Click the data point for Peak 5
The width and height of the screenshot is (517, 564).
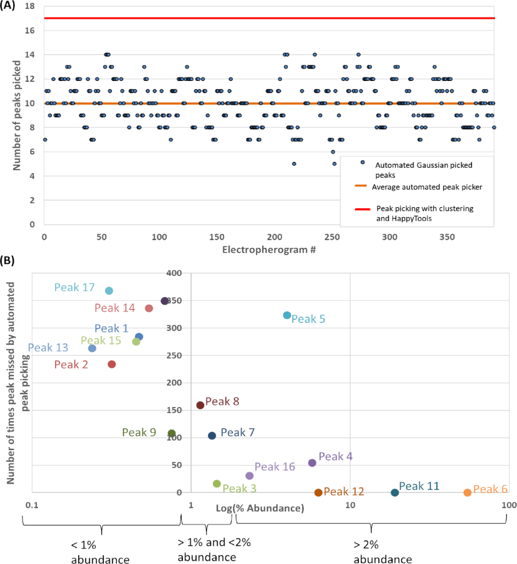coord(287,315)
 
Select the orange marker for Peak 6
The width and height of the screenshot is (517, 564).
coord(467,492)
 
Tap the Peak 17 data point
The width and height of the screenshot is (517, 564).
coord(109,290)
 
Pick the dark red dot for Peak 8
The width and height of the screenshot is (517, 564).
coord(200,405)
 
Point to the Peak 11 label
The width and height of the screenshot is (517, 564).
coord(419,486)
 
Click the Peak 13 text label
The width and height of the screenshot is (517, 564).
coord(48,348)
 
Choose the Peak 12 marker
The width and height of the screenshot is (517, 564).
coord(318,492)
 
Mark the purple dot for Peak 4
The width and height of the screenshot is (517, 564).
coord(312,463)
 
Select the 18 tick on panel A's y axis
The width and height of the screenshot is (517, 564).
coord(31,6)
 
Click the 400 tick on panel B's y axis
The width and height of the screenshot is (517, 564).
coord(175,273)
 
